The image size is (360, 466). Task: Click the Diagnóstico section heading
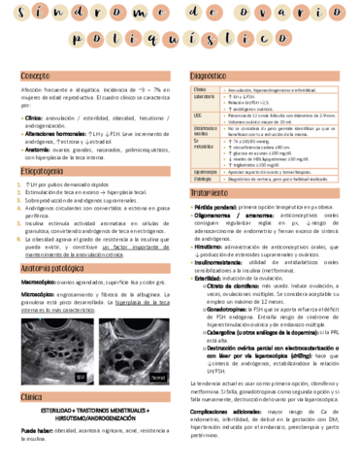208,75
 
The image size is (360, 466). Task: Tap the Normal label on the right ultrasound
159,376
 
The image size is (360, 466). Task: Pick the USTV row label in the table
197,115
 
